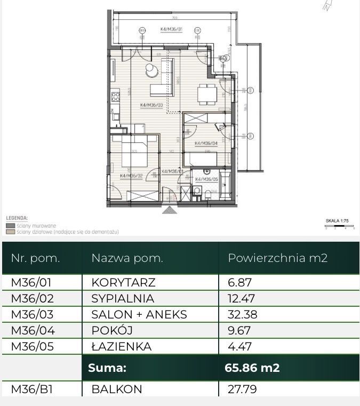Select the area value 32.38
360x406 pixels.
coord(242,314)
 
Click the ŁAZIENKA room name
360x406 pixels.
coord(121,346)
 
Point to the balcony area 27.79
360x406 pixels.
coord(242,389)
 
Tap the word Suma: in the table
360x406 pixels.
coord(107,368)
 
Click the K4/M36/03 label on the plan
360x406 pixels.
coord(151,105)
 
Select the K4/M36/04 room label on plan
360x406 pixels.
coord(206,143)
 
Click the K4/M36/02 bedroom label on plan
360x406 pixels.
coord(131,176)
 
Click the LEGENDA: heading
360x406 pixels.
coord(17,218)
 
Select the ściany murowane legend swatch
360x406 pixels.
coord(10,226)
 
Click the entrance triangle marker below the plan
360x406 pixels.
coord(169,210)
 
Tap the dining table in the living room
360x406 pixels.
coord(206,94)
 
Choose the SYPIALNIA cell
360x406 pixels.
coord(122,298)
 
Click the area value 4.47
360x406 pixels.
coord(239,346)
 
